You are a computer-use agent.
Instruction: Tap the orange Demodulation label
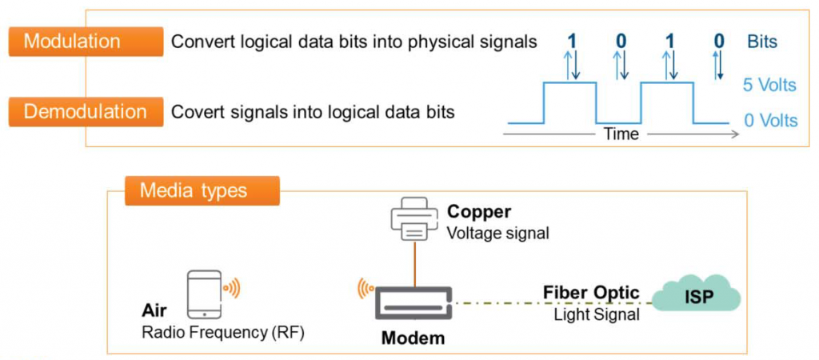tap(84, 112)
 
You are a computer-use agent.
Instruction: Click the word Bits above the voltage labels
tap(761, 42)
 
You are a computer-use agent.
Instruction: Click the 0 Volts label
tap(770, 121)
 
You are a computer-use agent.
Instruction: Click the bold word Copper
tap(478, 212)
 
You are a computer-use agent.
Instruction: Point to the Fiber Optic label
tap(591, 293)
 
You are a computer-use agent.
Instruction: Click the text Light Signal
tap(596, 315)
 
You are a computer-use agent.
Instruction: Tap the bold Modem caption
tap(413, 338)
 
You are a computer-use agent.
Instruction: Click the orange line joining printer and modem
tap(414, 265)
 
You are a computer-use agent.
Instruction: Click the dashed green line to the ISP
tap(552, 304)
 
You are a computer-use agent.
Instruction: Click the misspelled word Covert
tap(195, 112)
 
